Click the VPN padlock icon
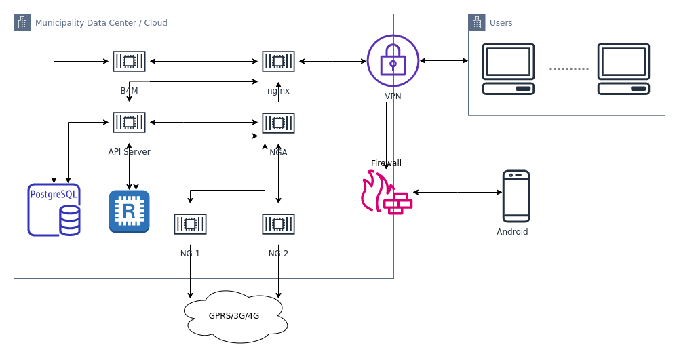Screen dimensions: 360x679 393,60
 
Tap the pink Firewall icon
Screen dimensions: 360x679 385,193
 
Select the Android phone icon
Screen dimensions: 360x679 516,196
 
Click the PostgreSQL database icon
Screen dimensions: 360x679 54,209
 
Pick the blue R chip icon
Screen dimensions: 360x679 129,211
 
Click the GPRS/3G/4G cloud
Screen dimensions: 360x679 235,316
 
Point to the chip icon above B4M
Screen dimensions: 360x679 129,61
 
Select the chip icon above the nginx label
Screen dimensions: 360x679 278,61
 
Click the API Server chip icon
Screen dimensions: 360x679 129,123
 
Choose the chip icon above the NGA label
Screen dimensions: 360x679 278,123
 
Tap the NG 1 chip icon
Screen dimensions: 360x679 190,224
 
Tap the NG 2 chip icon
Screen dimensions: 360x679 278,224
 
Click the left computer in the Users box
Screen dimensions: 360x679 508,68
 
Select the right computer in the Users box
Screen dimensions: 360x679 623,68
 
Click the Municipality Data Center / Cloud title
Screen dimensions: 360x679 101,23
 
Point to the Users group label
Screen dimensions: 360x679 501,23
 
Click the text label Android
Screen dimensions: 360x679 512,232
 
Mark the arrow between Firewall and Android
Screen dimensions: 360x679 457,193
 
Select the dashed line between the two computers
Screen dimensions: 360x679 568,69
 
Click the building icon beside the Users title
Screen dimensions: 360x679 477,22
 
